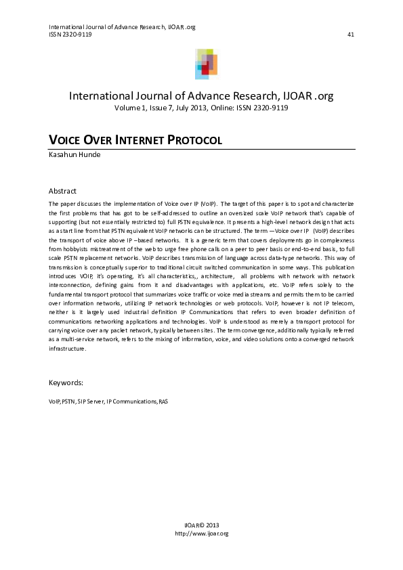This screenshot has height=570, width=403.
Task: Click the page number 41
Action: pos(350,35)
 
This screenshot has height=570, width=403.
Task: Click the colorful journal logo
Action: pos(207,64)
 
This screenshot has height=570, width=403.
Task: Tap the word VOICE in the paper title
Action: pos(67,141)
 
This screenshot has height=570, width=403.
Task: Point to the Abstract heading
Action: pos(63,191)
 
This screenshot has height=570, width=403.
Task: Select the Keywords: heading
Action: pos(66,382)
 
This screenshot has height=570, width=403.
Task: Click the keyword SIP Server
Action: pos(91,401)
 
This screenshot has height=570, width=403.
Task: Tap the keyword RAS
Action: pos(163,401)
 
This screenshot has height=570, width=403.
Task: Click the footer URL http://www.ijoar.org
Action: pos(202,533)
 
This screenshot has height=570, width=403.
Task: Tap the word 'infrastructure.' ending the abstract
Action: pos(68,349)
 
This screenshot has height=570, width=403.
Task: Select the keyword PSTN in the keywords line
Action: pos(68,401)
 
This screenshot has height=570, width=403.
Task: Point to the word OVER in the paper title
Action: pos(102,141)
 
